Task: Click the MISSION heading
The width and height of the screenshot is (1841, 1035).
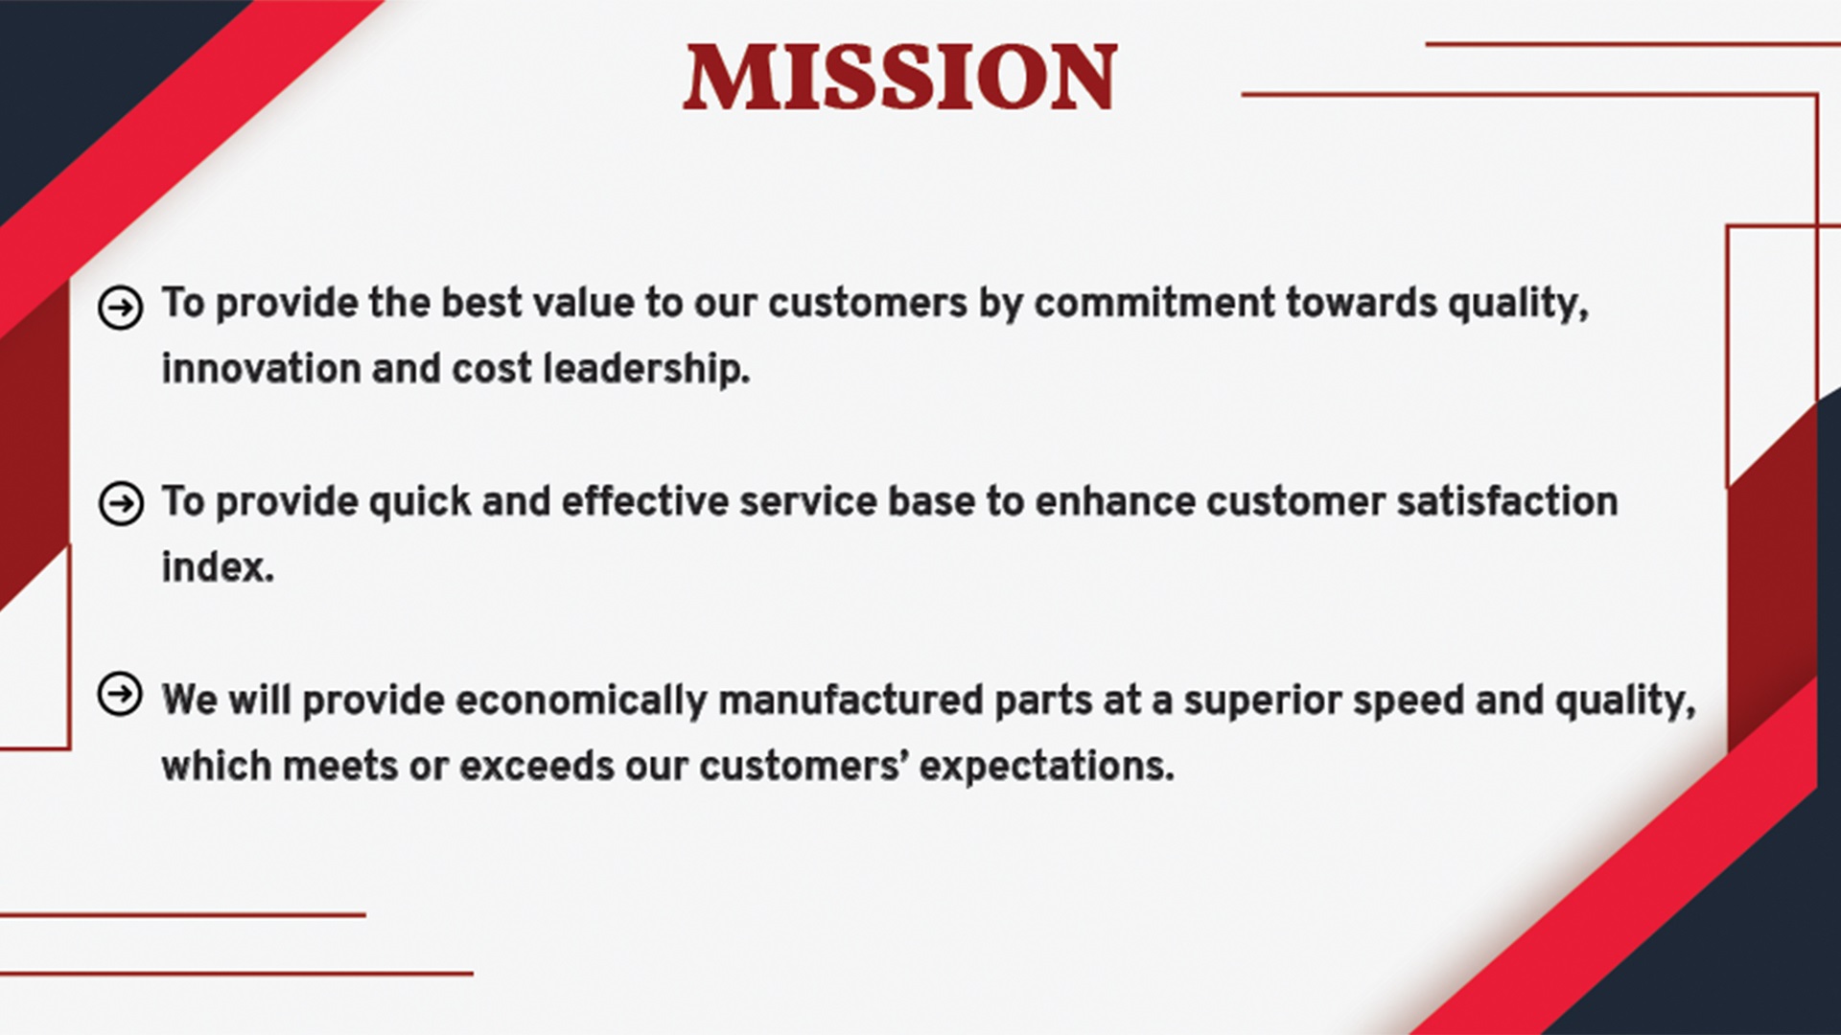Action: pyautogui.click(x=900, y=77)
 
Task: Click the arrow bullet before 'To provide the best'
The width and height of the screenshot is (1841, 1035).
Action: pyautogui.click(x=121, y=308)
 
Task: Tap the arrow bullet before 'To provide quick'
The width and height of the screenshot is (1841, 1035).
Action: pyautogui.click(x=121, y=504)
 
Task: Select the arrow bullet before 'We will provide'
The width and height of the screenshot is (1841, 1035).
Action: pyautogui.click(x=120, y=694)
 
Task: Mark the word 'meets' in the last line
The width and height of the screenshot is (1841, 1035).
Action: pyautogui.click(x=340, y=767)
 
